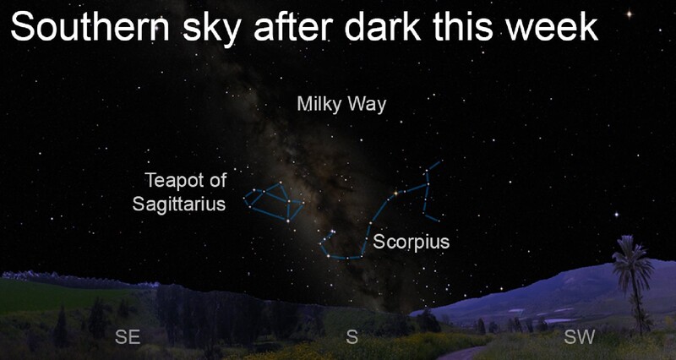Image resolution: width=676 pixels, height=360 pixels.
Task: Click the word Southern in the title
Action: point(90,27)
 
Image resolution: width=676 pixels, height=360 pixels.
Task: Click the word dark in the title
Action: point(382,27)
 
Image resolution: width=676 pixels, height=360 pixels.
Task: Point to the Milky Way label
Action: point(341,104)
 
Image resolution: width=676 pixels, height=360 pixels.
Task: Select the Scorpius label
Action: point(411,242)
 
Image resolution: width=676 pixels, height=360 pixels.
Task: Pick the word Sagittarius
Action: point(179,204)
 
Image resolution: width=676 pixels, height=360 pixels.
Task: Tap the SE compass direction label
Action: point(128,336)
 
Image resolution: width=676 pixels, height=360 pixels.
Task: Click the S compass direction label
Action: point(352,336)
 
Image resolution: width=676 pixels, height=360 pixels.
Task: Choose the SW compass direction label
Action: point(580,336)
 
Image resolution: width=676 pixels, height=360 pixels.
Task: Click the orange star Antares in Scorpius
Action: point(395,194)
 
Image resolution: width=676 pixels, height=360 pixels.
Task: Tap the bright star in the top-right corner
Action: point(629,14)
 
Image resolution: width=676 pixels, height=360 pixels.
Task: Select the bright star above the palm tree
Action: point(617,215)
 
